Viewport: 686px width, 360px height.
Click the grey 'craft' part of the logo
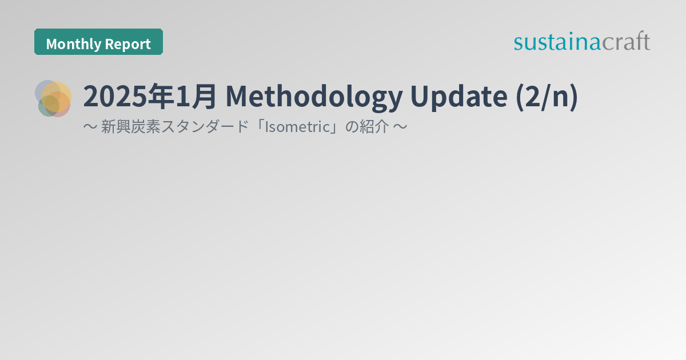click(625, 41)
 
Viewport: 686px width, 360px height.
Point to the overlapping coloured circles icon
click(54, 98)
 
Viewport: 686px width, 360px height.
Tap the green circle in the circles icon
click(47, 106)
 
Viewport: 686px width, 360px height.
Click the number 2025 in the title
click(113, 97)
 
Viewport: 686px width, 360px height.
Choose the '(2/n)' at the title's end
click(546, 97)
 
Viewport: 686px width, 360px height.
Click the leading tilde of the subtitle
click(90, 127)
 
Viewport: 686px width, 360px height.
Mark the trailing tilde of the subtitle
click(400, 127)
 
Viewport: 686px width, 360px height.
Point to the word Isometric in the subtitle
click(297, 127)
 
